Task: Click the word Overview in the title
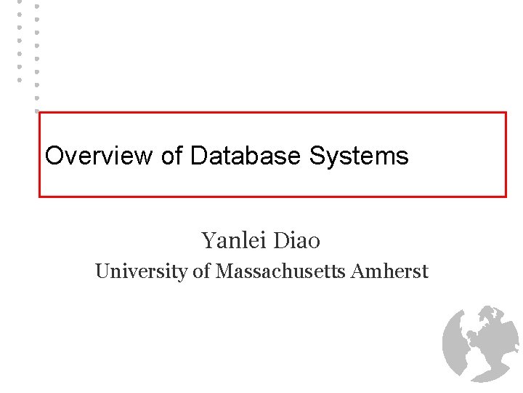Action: point(99,156)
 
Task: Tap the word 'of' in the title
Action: point(172,156)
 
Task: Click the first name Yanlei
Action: point(230,239)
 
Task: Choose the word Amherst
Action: point(389,271)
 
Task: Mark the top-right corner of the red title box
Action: point(506,113)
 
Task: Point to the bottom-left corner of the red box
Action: point(40,196)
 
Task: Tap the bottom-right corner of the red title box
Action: point(506,196)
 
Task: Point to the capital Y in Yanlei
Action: point(208,239)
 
